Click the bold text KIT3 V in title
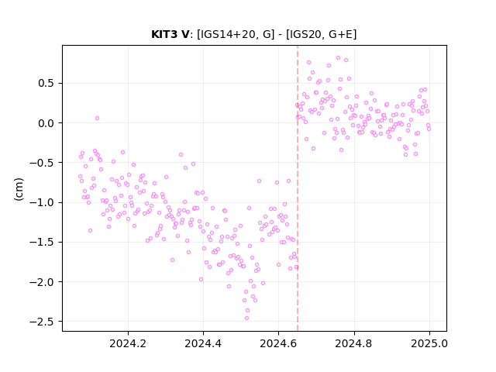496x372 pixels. pyautogui.click(x=170, y=34)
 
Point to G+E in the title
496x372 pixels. pyautogui.click(x=341, y=34)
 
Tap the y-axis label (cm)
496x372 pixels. pyautogui.click(x=19, y=189)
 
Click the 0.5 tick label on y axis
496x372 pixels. pyautogui.click(x=46, y=83)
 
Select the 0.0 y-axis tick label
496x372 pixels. pyautogui.click(x=46, y=123)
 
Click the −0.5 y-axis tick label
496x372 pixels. pyautogui.click(x=42, y=163)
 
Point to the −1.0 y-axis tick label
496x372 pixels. pyautogui.click(x=42, y=202)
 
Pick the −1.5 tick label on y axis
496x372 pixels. pyautogui.click(x=42, y=242)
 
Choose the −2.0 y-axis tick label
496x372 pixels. pyautogui.click(x=42, y=282)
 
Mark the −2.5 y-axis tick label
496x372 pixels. pyautogui.click(x=42, y=322)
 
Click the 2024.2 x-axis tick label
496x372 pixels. pyautogui.click(x=128, y=343)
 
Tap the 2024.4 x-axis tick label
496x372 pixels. pyautogui.click(x=203, y=343)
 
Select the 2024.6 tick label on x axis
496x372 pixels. pyautogui.click(x=279, y=343)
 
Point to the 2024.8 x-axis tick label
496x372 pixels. pyautogui.click(x=354, y=343)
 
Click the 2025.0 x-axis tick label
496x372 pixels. pyautogui.click(x=429, y=343)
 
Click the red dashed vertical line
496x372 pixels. pyautogui.click(x=298, y=188)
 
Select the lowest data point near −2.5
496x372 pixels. pyautogui.click(x=246, y=318)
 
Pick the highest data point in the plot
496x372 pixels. pyautogui.click(x=338, y=58)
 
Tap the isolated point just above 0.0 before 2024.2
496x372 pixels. pyautogui.click(x=97, y=118)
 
